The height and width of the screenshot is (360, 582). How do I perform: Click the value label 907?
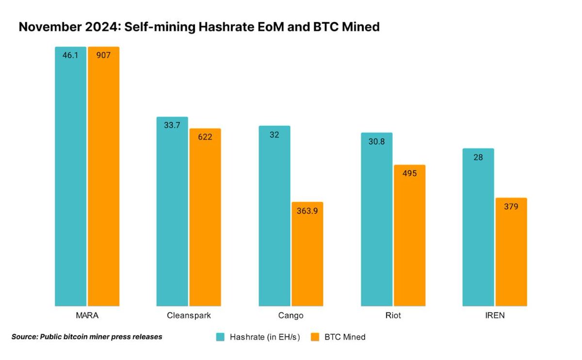click(103, 55)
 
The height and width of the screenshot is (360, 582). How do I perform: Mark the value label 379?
click(511, 206)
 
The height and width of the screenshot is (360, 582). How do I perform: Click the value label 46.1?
click(70, 55)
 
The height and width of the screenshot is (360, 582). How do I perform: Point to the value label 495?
click(409, 173)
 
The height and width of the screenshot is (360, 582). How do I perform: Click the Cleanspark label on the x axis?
click(188, 315)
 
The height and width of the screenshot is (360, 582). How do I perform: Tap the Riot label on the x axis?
click(392, 315)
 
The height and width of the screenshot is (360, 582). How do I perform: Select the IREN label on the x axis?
click(494, 315)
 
